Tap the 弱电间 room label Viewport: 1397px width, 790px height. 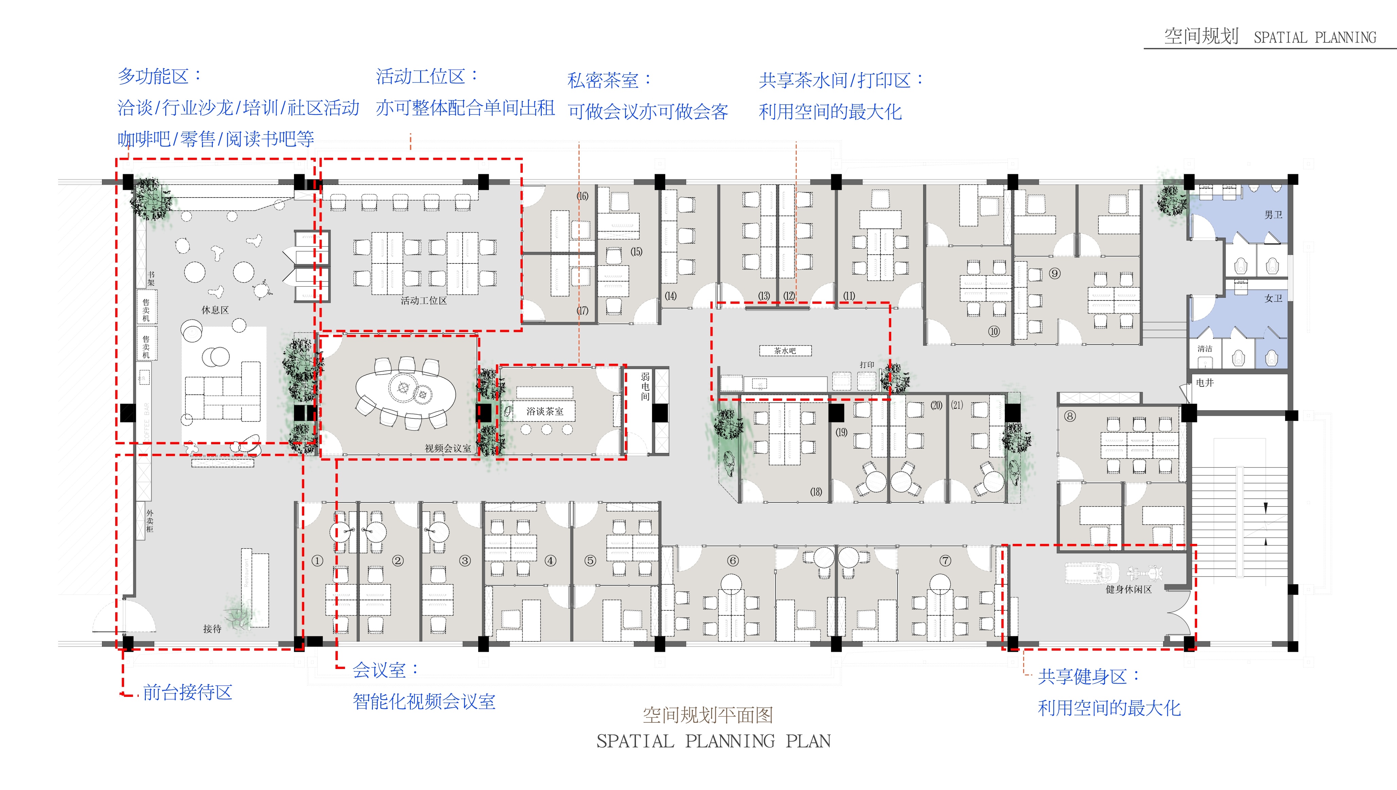click(645, 386)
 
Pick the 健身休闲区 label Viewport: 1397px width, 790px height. click(1128, 589)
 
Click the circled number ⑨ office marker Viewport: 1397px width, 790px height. click(1055, 273)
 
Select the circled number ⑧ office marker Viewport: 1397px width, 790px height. click(1069, 416)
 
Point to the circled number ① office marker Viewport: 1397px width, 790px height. click(317, 561)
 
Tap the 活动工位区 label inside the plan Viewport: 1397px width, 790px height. click(423, 300)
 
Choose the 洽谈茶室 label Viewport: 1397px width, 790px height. click(545, 411)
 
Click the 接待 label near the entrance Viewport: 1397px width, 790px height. click(212, 629)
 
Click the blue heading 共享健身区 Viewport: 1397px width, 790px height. click(1082, 676)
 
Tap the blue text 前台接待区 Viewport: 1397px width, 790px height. click(187, 692)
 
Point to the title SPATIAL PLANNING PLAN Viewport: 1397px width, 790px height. click(713, 741)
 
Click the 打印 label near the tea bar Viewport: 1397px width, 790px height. click(866, 365)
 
